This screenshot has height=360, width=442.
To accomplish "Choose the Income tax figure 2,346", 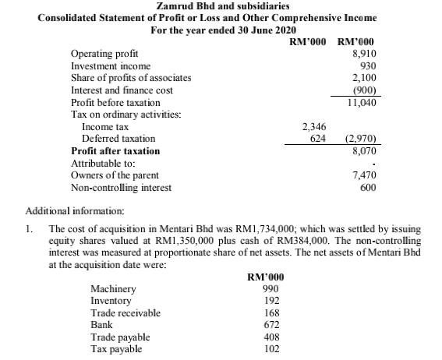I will tap(313, 126).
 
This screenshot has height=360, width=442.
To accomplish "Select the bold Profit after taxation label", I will tap(115, 151).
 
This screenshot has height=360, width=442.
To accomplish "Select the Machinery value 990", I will tap(271, 289).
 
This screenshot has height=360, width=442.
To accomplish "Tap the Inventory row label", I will tap(111, 301).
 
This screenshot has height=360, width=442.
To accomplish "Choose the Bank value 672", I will tap(271, 325).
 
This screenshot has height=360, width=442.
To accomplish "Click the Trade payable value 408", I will tap(271, 337).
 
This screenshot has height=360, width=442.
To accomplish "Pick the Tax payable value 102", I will tap(271, 349).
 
